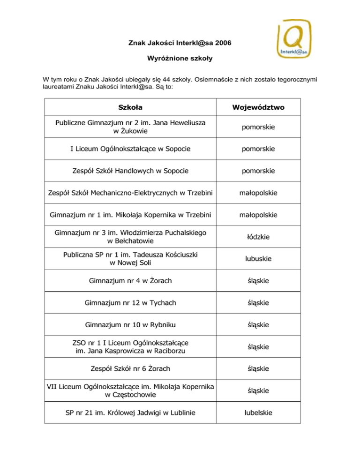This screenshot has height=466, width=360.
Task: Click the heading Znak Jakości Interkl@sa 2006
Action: tap(180, 44)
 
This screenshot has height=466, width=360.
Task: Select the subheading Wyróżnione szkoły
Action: tap(180, 61)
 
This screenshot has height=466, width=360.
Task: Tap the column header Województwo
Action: tap(259, 107)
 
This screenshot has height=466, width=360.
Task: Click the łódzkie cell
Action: tap(259, 237)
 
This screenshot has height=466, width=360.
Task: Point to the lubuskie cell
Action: tap(259, 259)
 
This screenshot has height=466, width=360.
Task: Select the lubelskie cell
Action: tap(259, 413)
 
